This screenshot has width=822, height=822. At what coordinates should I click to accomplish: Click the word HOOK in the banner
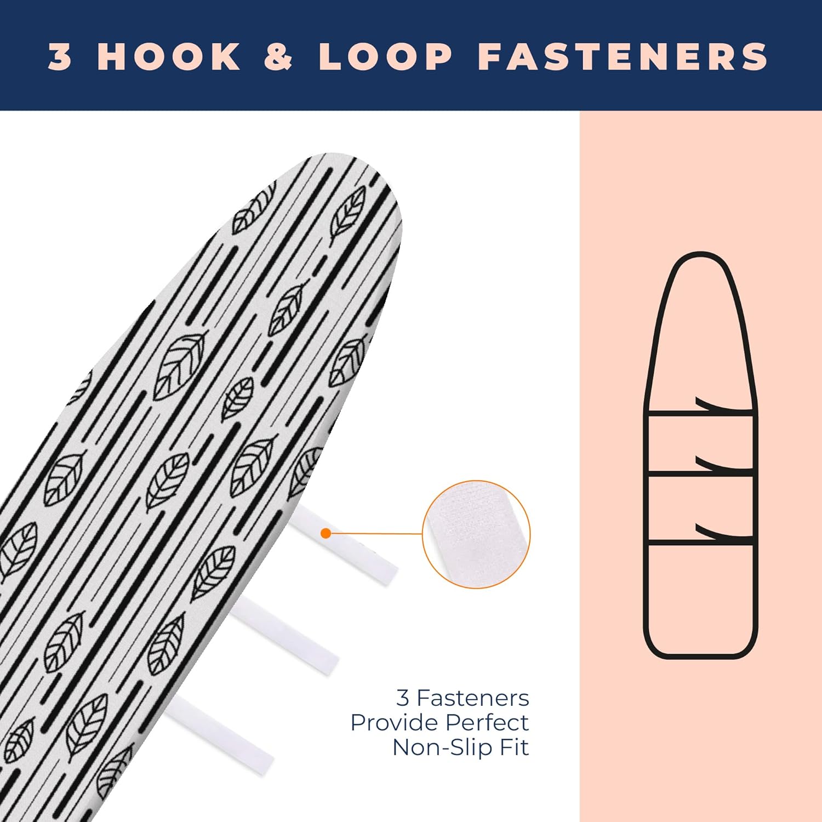tap(169, 56)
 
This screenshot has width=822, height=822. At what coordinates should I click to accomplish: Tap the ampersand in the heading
tap(279, 56)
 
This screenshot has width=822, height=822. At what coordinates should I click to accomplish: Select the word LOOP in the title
tap(385, 56)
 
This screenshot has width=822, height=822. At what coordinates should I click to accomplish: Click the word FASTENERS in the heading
tap(623, 56)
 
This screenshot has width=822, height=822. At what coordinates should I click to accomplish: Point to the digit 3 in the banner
tap(60, 56)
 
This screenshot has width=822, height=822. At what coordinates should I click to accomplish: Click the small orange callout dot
tap(326, 533)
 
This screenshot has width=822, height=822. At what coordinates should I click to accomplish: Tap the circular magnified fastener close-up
tap(476, 534)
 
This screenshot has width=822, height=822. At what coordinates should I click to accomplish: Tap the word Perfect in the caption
tap(487, 723)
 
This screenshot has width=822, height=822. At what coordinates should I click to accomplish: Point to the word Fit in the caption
tap(515, 747)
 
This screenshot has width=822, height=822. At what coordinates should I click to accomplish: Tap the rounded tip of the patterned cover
tap(351, 164)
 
